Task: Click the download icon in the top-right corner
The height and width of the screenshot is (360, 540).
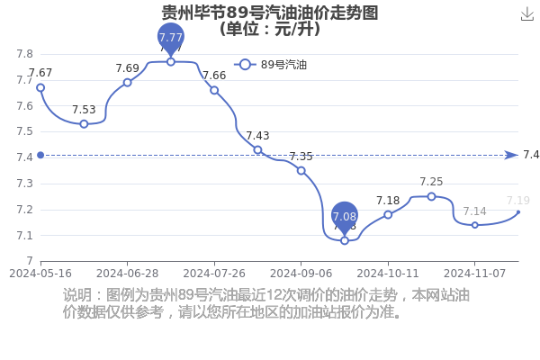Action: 526,14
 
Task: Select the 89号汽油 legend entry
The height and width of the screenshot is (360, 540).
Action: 270,65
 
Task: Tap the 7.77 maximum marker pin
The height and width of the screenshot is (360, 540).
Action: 171,40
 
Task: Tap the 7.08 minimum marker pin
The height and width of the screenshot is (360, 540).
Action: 345,219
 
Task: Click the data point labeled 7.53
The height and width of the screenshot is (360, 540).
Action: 84,124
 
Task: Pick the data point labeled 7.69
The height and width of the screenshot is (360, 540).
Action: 128,83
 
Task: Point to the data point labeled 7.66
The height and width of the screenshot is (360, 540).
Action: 214,90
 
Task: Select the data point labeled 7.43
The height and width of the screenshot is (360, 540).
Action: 257,150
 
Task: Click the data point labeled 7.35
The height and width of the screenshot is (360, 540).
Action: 301,170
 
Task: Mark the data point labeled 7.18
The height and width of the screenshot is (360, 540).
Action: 388,214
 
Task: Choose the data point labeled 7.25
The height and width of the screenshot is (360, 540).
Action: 431,196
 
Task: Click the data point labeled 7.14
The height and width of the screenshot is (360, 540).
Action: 475,225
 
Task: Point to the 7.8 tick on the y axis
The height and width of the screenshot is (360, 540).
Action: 25,54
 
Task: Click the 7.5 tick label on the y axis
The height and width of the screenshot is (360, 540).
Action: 25,131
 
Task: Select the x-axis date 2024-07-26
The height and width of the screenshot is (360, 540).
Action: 214,274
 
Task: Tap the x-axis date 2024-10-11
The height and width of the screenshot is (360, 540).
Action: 388,274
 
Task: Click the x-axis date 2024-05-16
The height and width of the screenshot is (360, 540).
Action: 40,274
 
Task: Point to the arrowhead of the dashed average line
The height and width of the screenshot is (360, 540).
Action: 511,155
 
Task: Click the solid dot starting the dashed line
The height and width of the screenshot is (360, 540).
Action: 40,155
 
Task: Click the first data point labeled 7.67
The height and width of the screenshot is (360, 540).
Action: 40,88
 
